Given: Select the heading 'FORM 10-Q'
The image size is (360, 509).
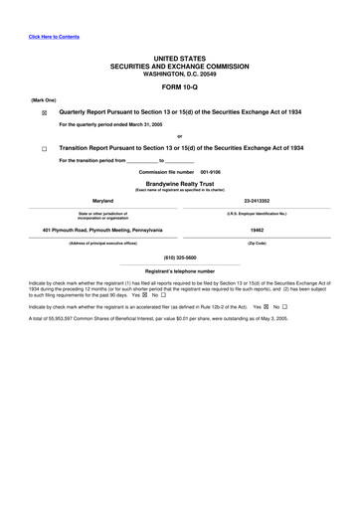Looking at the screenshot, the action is click(179, 85).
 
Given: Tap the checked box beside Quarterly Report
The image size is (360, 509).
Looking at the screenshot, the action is click(44, 114).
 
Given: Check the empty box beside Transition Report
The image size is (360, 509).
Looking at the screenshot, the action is click(44, 148).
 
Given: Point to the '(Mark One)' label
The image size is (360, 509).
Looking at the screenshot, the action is click(43, 99).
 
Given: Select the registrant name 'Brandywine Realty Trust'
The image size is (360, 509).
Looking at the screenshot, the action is click(179, 183).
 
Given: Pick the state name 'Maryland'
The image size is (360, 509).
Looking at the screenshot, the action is click(103, 200).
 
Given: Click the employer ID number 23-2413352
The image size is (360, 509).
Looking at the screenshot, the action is click(257, 200).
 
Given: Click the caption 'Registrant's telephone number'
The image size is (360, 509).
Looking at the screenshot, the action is click(179, 270).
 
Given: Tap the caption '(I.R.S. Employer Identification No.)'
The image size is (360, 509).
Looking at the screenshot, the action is click(257, 213).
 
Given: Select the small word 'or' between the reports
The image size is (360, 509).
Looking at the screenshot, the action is click(179, 136).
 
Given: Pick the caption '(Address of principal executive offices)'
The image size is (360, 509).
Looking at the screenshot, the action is click(103, 244).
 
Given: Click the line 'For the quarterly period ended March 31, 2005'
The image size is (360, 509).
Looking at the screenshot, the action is click(125, 125).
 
